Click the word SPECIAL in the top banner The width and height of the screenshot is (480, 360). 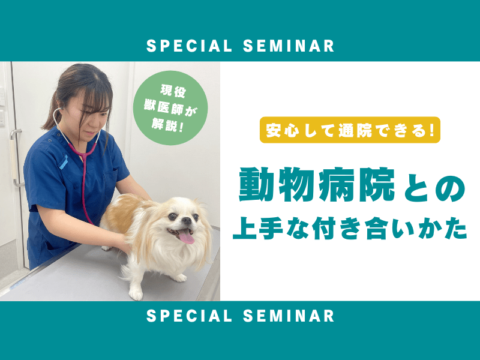pos(189,46)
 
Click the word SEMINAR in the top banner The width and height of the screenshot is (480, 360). pos(289,46)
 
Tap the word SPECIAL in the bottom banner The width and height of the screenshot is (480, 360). pos(189,316)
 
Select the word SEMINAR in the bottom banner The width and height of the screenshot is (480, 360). pos(289,316)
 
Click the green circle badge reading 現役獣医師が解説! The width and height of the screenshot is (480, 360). pos(170,108)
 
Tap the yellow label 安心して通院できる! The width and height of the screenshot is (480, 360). pos(350,130)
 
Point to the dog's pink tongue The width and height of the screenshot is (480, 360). pos(187,236)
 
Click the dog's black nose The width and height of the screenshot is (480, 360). pos(187,220)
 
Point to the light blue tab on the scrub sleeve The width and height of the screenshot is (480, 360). pos(64,161)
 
